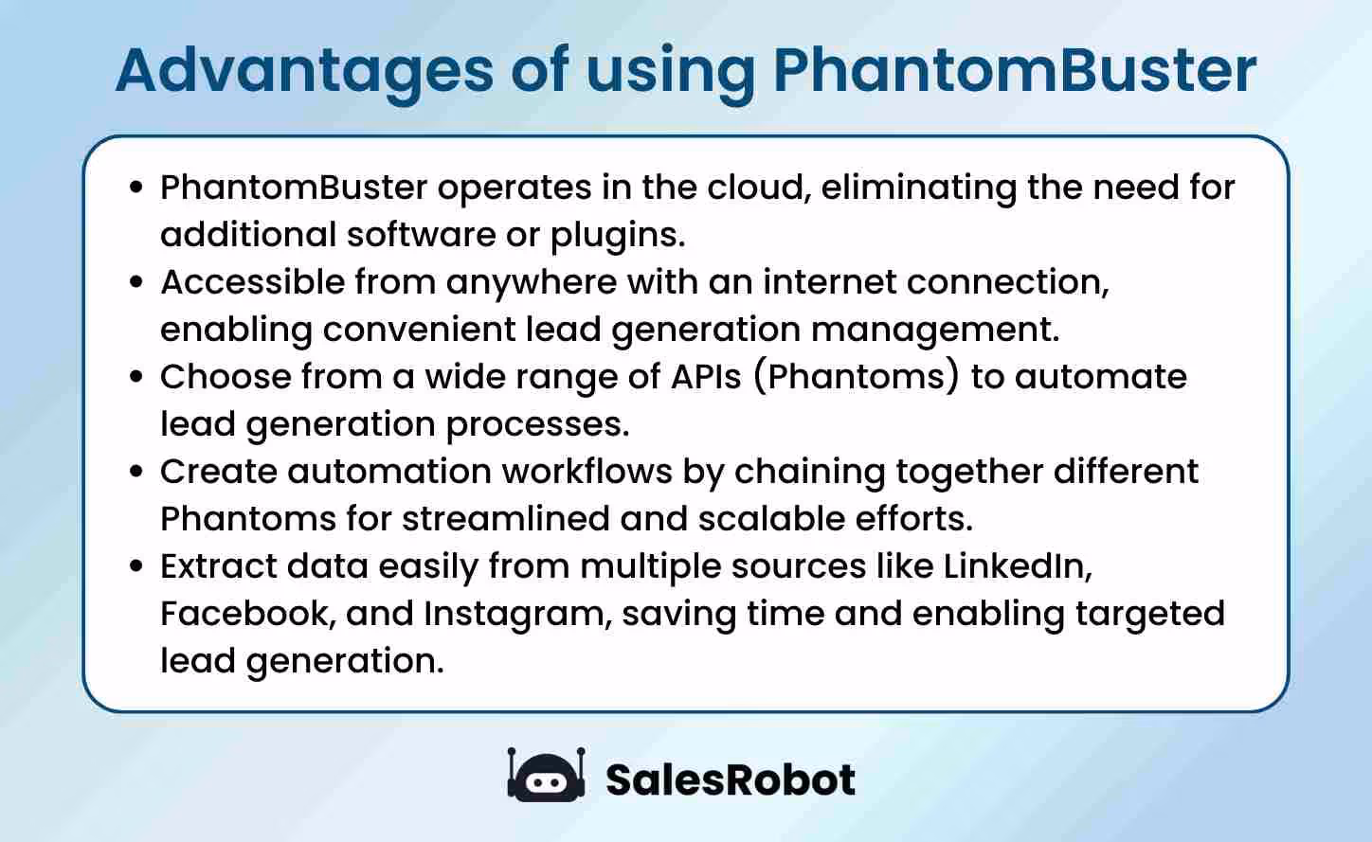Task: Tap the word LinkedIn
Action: (1018, 566)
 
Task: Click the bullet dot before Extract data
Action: (136, 566)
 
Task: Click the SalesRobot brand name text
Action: (730, 779)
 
